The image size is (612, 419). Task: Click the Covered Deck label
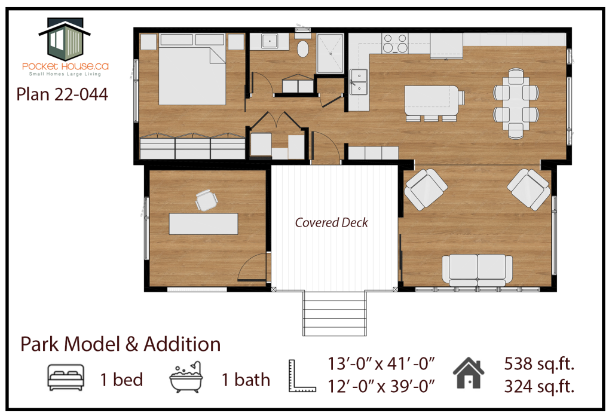tap(331, 222)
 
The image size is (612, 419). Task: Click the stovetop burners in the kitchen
tap(394, 43)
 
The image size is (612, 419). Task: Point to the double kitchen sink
tap(359, 82)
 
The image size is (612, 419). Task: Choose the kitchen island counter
tap(434, 100)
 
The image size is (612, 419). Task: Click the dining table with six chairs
tap(516, 103)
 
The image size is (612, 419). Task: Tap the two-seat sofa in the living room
tap(477, 271)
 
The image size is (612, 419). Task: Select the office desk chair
tap(206, 200)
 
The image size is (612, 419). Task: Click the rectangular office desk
tap(203, 224)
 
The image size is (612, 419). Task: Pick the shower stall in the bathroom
tap(330, 53)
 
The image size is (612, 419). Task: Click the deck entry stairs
tap(335, 313)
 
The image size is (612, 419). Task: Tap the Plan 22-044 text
tap(62, 94)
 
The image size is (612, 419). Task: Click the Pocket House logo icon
tap(65, 39)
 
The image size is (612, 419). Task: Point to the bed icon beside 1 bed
tap(66, 378)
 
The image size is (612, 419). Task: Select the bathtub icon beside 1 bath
tap(186, 377)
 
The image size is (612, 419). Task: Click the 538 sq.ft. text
tap(539, 364)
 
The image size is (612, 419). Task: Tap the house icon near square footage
tap(469, 373)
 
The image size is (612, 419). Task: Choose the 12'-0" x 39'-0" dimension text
tap(381, 386)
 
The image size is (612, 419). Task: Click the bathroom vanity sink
tap(270, 41)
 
